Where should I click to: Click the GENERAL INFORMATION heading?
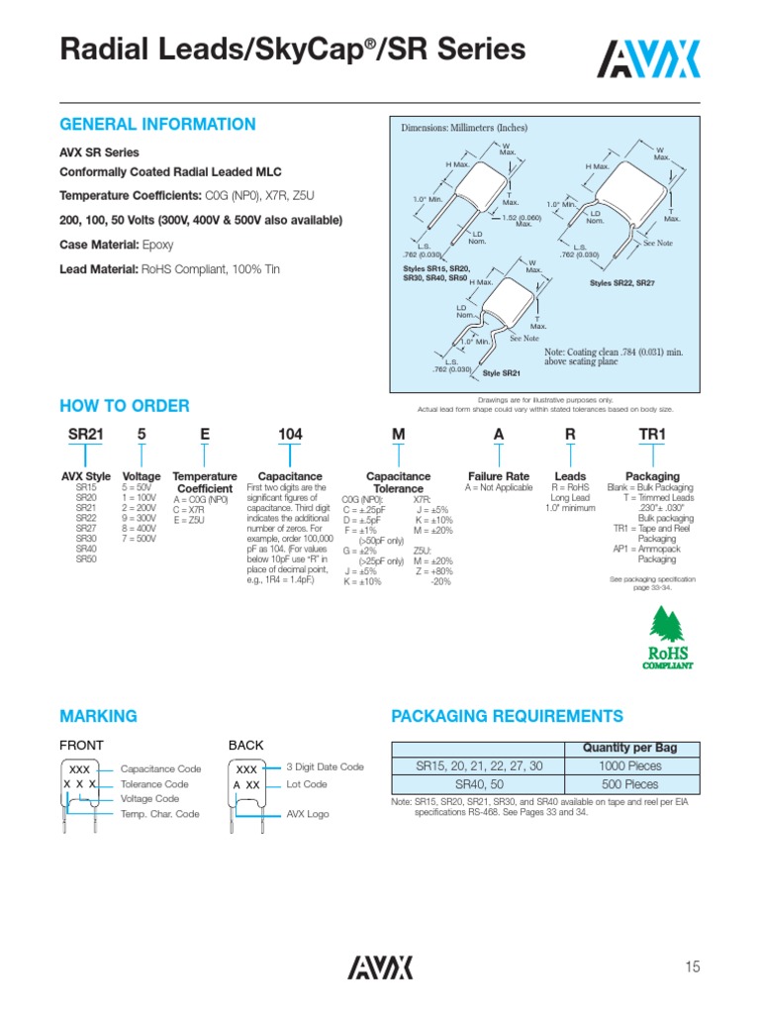point(158,125)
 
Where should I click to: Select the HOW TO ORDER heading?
point(125,406)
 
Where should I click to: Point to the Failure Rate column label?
point(498,476)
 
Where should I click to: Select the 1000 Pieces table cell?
point(630,765)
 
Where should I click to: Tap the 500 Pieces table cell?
point(630,783)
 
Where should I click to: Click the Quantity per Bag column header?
point(630,748)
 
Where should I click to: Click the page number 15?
point(692,966)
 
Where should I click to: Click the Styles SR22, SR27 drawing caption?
point(622,283)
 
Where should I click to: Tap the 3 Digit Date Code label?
point(325,766)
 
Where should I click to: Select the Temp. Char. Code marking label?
point(159,814)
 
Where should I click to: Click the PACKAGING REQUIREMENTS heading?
point(508,716)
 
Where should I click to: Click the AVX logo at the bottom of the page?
point(380,966)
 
